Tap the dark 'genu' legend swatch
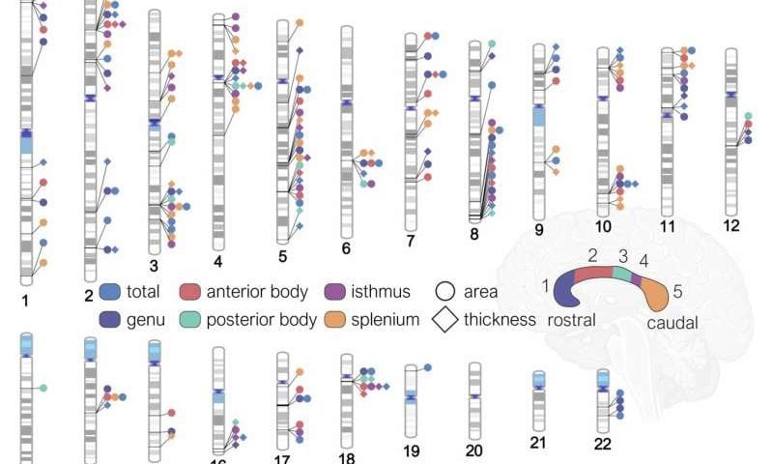click(111, 319)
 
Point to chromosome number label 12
click(731, 225)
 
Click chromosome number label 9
click(539, 230)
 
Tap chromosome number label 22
click(603, 443)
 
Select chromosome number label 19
click(410, 449)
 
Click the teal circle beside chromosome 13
click(44, 388)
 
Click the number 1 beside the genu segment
click(546, 284)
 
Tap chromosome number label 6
click(346, 248)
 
